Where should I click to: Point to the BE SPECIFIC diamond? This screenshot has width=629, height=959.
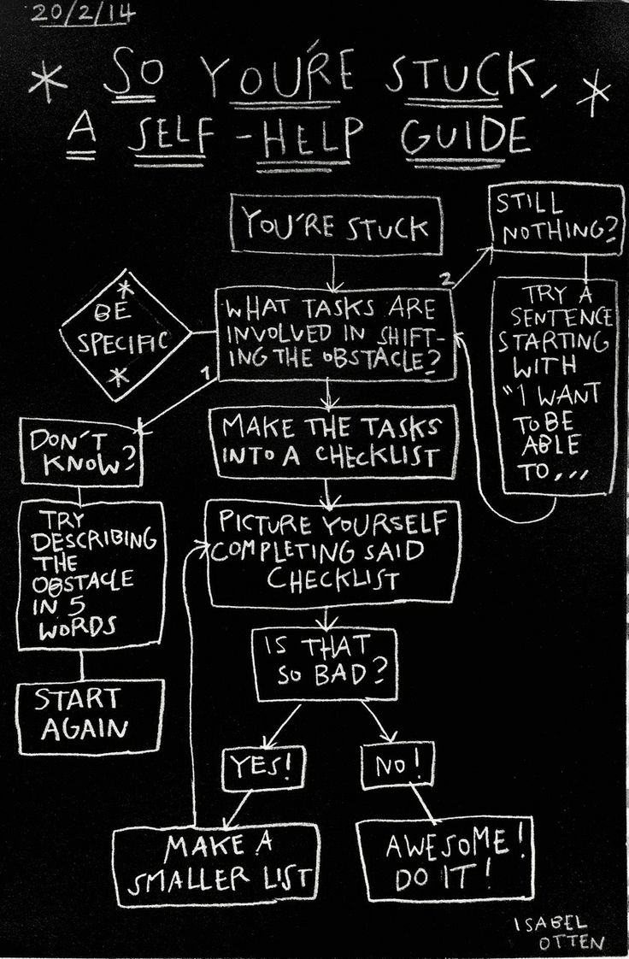point(124,336)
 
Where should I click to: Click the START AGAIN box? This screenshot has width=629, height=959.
point(89,715)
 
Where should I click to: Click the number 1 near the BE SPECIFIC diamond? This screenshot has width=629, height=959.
point(205,374)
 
